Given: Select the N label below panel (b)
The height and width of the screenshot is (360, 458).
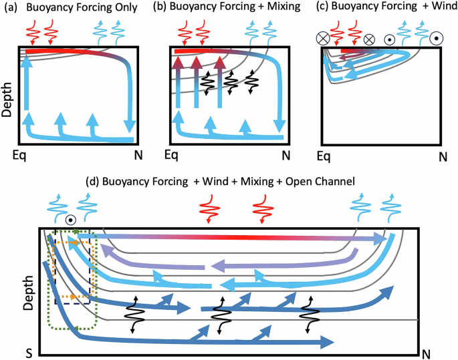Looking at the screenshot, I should pos(285,156).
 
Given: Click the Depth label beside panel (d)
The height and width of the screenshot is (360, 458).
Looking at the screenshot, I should pos(27,297).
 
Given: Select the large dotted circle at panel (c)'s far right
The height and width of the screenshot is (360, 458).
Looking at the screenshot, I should pos(436,38).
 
